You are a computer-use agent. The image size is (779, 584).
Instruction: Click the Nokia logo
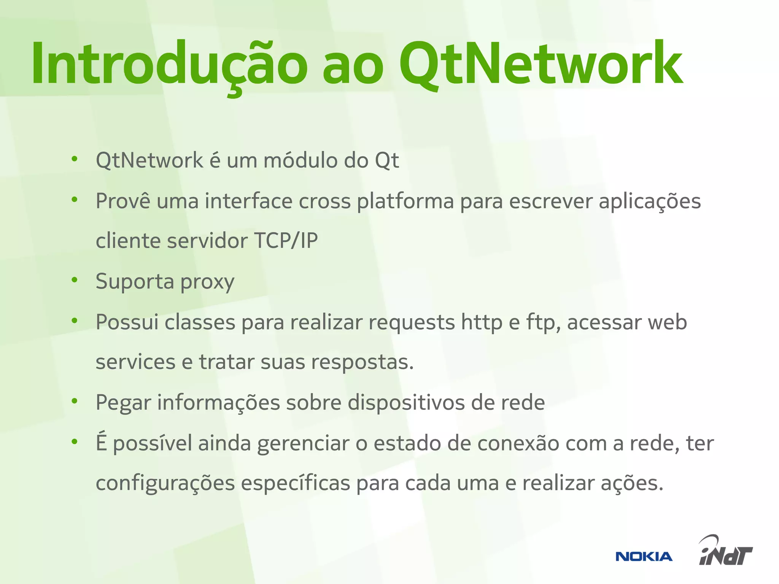pyautogui.click(x=644, y=557)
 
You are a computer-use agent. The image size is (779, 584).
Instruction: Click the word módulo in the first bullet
pyautogui.click(x=300, y=160)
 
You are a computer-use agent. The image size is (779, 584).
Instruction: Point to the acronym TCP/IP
pyautogui.click(x=286, y=241)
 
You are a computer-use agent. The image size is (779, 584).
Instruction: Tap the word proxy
pyautogui.click(x=207, y=282)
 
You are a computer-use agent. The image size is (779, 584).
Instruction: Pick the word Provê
pyautogui.click(x=123, y=201)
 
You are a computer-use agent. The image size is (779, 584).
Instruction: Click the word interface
pyautogui.click(x=249, y=201)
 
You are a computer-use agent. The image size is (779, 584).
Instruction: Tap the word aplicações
pyautogui.click(x=650, y=202)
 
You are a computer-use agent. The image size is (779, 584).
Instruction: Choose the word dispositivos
pyautogui.click(x=406, y=403)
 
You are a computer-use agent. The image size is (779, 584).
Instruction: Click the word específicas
pyautogui.click(x=295, y=484)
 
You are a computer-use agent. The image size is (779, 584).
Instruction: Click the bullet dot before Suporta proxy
pyautogui.click(x=75, y=280)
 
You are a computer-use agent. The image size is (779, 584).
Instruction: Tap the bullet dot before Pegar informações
pyautogui.click(x=75, y=401)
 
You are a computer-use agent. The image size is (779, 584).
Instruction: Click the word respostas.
pyautogui.click(x=362, y=362)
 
